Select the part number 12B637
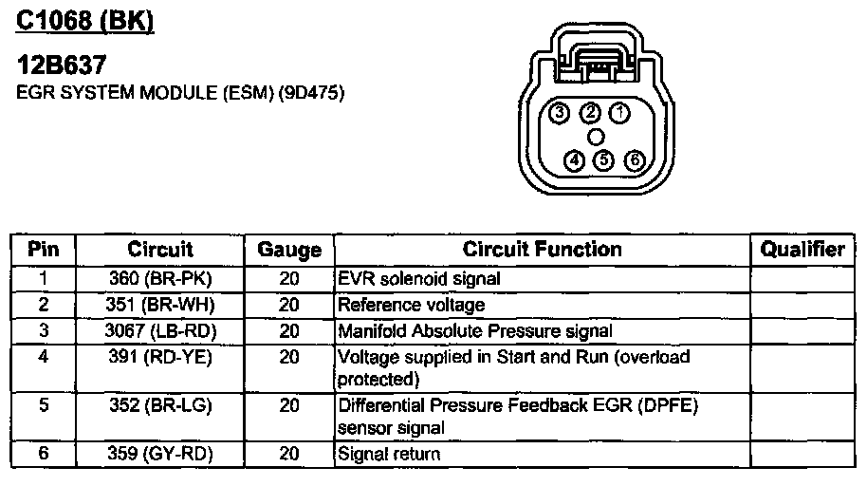62,65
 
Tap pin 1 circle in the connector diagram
619,113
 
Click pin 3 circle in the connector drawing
560,114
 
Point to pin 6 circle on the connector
635,159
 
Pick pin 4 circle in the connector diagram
574,159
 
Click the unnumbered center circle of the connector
597,136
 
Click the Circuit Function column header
542,250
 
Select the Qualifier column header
802,250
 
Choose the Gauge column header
289,251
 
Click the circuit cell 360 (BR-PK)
160,279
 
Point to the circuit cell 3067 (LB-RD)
160,330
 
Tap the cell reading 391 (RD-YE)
160,357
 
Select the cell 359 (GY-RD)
160,454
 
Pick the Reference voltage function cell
412,305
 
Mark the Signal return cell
389,454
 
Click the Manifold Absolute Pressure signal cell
475,330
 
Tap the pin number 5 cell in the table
43,405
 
